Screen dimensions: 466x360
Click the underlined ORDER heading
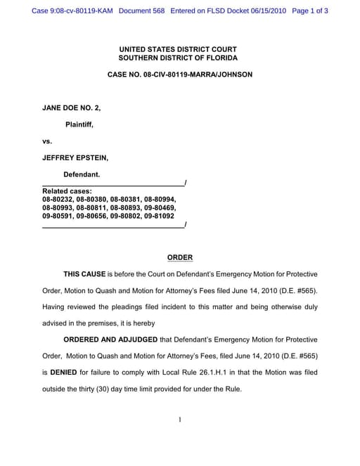[179, 257]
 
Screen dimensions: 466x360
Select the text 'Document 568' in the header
[136, 11]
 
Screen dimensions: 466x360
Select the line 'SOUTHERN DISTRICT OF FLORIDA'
[179, 58]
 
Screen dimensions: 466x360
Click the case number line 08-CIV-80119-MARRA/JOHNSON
[179, 74]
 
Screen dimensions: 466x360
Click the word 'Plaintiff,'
[79, 124]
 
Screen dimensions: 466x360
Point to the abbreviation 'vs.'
[47, 141]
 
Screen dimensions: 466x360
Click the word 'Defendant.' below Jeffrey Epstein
[82, 174]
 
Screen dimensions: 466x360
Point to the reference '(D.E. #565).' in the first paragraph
[295, 290]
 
